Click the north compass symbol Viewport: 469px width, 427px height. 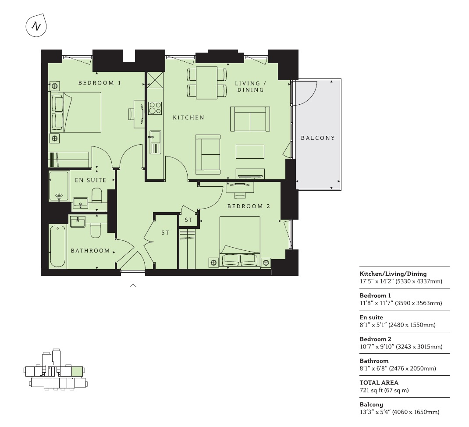36,26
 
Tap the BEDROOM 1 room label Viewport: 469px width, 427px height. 99,83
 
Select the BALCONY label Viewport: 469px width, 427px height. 318,138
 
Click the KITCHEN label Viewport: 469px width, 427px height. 188,117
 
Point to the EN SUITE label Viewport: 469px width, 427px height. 90,180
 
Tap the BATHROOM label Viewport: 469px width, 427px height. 90,251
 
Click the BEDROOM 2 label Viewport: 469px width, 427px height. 249,206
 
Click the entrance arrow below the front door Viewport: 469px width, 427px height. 133,289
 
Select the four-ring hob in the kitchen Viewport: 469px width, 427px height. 155,108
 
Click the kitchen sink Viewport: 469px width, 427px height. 155,142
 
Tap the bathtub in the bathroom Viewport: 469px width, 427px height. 58,246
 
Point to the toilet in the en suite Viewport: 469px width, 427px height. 96,195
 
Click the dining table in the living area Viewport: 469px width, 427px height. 207,82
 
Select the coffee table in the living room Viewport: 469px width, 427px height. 250,151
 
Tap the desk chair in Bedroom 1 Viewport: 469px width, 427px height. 131,114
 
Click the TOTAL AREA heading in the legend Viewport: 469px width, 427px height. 379,383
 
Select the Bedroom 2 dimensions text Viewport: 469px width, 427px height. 401,346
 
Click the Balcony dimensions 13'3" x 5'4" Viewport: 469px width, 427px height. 399,412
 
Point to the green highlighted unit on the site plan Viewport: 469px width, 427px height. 77,371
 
